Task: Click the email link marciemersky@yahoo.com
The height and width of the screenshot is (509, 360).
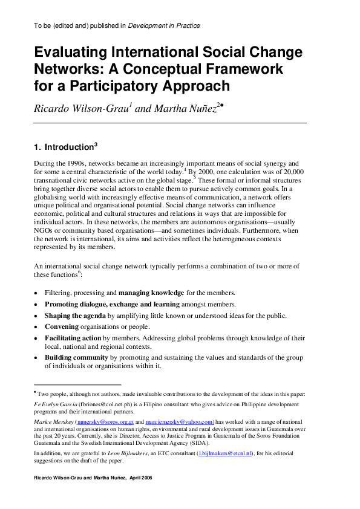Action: coord(180,423)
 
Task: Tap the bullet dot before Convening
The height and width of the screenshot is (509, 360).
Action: coord(36,327)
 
